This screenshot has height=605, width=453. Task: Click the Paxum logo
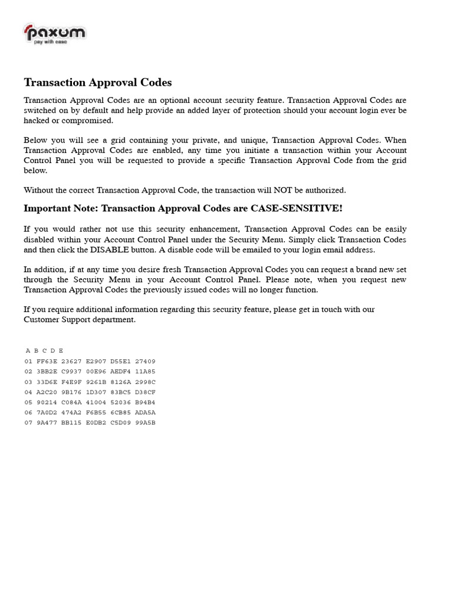click(x=54, y=34)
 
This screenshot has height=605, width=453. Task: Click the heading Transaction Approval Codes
click(x=97, y=82)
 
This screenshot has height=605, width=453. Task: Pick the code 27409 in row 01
click(x=145, y=361)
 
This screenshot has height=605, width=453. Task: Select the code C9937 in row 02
click(x=71, y=372)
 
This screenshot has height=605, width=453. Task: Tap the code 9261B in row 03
click(x=96, y=382)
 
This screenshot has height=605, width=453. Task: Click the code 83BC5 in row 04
click(x=121, y=392)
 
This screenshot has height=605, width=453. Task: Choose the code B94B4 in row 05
click(x=145, y=402)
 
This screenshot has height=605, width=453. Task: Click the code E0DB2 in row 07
click(x=96, y=423)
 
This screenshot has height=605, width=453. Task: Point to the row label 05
click(x=28, y=402)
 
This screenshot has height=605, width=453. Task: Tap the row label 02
click(x=28, y=372)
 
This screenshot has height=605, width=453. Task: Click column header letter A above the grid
click(x=28, y=351)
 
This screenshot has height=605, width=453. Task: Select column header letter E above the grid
click(x=61, y=351)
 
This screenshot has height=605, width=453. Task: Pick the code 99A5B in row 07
click(x=145, y=423)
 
